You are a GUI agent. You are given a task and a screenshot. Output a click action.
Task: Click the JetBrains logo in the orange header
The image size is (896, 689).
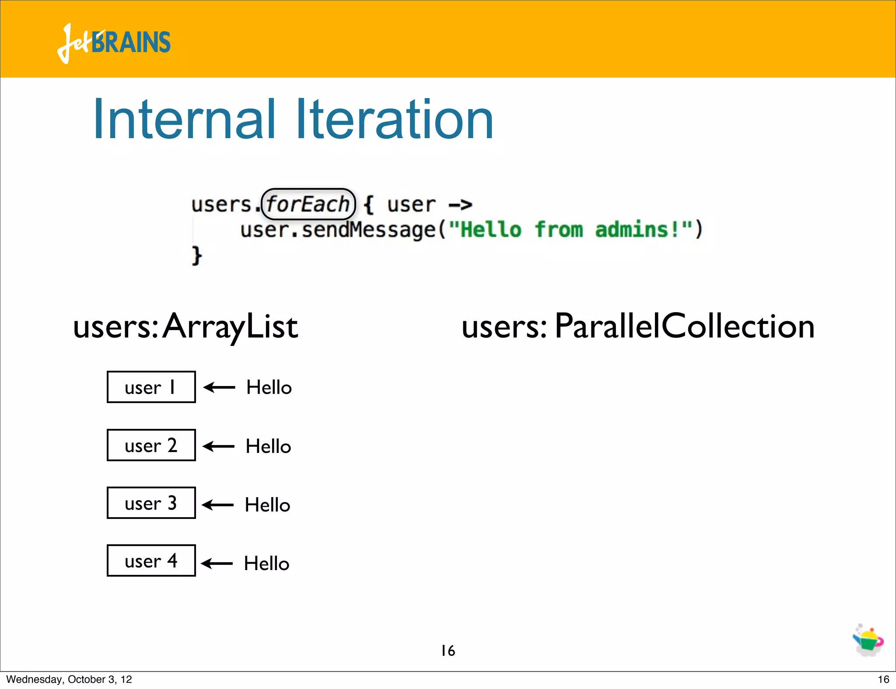pyautogui.click(x=114, y=43)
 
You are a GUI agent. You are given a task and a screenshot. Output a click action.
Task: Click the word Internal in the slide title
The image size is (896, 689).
pyautogui.click(x=184, y=119)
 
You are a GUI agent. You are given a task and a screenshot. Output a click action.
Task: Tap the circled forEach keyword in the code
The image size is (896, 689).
pyautogui.click(x=308, y=204)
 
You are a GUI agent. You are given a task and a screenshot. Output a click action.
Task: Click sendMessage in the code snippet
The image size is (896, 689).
pyautogui.click(x=368, y=230)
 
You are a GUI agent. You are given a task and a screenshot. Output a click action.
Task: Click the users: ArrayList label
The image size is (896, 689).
pyautogui.click(x=185, y=326)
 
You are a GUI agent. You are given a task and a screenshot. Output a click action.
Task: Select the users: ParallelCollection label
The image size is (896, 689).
pyautogui.click(x=638, y=326)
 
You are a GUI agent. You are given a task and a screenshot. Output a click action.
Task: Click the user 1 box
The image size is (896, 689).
pyautogui.click(x=151, y=387)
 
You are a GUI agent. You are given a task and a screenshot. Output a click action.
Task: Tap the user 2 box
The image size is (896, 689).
pyautogui.click(x=151, y=445)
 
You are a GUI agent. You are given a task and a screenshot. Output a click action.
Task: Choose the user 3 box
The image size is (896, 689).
pyautogui.click(x=151, y=503)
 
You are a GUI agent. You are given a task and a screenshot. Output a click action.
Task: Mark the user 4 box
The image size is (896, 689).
pyautogui.click(x=151, y=560)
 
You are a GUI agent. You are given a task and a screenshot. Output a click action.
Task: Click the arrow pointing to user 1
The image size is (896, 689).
pyautogui.click(x=219, y=387)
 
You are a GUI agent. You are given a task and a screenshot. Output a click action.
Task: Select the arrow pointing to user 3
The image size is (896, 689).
pyautogui.click(x=218, y=505)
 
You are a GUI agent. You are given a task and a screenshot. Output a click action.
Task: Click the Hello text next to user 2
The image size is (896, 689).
pyautogui.click(x=268, y=446)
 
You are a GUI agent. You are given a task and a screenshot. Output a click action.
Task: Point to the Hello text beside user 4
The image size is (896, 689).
pyautogui.click(x=266, y=564)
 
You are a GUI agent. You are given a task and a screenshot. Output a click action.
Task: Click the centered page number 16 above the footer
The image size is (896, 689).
pyautogui.click(x=448, y=651)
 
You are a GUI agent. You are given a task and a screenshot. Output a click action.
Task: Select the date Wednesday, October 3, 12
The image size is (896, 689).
pyautogui.click(x=69, y=679)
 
